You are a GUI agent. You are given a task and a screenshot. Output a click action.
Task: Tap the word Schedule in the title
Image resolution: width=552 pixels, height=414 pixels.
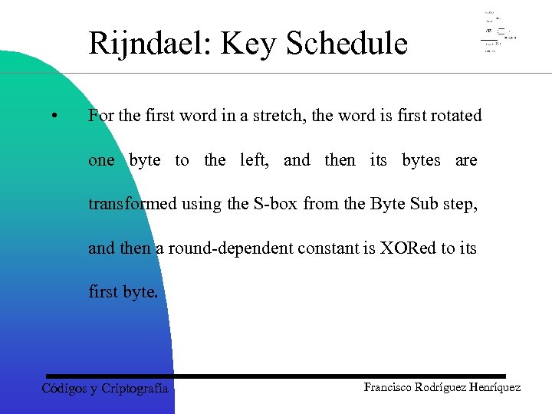347,44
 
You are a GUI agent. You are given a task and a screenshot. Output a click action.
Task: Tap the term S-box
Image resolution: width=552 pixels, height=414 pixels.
274,203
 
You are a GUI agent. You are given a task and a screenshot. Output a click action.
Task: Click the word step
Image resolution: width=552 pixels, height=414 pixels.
460,204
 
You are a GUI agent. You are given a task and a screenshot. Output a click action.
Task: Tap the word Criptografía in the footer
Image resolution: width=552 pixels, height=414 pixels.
134,389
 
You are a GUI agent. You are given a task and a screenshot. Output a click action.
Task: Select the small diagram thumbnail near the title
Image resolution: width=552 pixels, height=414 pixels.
498,32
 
